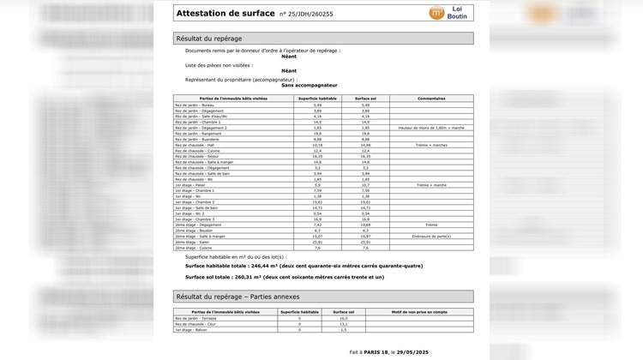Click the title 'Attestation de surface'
point(225,13)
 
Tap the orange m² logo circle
point(437,13)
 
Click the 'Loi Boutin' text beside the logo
point(458,13)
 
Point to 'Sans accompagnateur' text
point(309,86)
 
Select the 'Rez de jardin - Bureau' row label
point(195,105)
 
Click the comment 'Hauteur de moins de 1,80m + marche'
point(431,128)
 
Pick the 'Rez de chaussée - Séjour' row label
point(198,156)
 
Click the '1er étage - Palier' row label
point(189,185)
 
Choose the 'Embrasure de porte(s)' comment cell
point(431,237)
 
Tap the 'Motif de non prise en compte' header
point(419,312)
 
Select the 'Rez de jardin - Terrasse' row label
point(196,318)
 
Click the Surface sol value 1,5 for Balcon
point(344,330)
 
